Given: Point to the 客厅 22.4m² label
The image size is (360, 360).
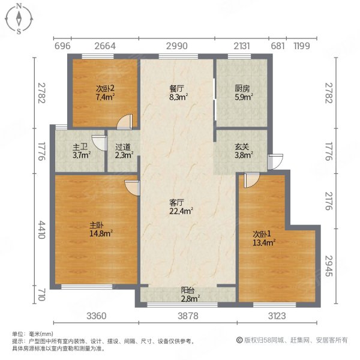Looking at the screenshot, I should pos(181,207).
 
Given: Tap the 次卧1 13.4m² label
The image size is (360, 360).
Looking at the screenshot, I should pos(264,238).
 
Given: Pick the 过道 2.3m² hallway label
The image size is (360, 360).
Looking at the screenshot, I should pos(124,151).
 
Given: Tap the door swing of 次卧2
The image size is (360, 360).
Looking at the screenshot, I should pos(124,122).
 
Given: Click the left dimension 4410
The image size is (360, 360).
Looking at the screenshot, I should pos(40,229).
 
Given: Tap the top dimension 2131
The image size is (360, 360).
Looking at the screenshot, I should pos(242,46).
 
